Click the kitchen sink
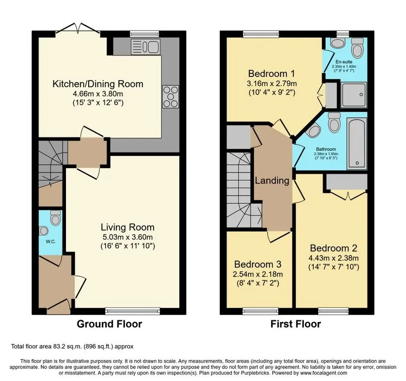(x=146, y=47)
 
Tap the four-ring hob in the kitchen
(x=171, y=96)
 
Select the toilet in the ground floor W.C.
(x=56, y=217)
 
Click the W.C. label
(x=51, y=242)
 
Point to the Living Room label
(x=128, y=227)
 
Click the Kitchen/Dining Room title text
(x=98, y=84)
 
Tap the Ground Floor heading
(x=110, y=324)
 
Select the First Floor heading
(x=295, y=324)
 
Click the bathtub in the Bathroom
(x=357, y=143)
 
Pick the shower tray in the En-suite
(x=354, y=95)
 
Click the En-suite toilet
(x=358, y=48)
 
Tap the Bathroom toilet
(x=334, y=123)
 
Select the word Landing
(x=272, y=181)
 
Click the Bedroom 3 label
(x=258, y=264)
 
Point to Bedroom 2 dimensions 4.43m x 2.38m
(x=334, y=258)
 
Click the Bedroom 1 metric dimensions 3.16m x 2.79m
(x=271, y=84)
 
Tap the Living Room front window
(x=132, y=311)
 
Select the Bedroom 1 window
(x=261, y=34)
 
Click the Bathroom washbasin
(x=313, y=130)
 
